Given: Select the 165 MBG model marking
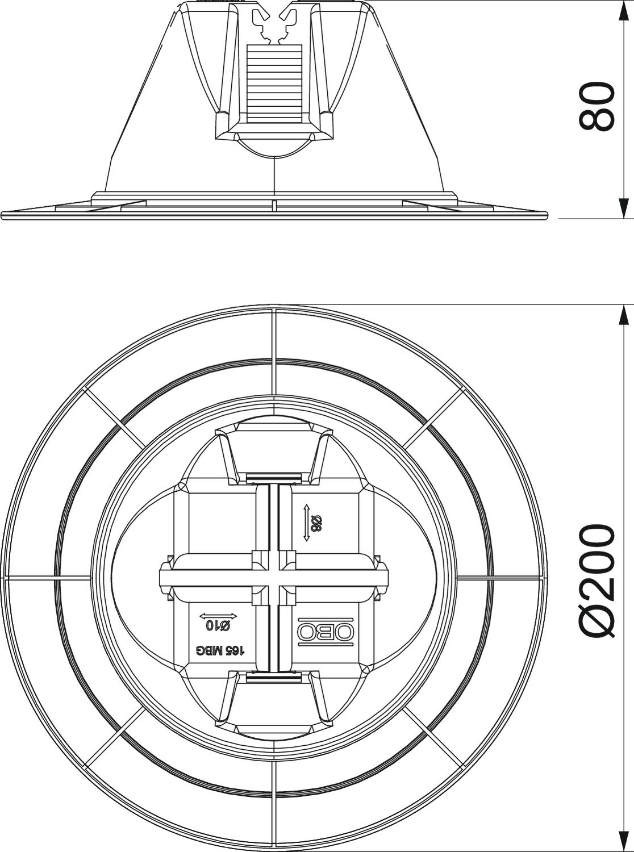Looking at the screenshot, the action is [220, 650].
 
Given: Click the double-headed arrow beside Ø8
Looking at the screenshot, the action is [306, 523].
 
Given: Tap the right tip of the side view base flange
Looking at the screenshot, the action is [547, 215].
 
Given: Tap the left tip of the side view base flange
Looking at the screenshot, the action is [2, 215].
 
